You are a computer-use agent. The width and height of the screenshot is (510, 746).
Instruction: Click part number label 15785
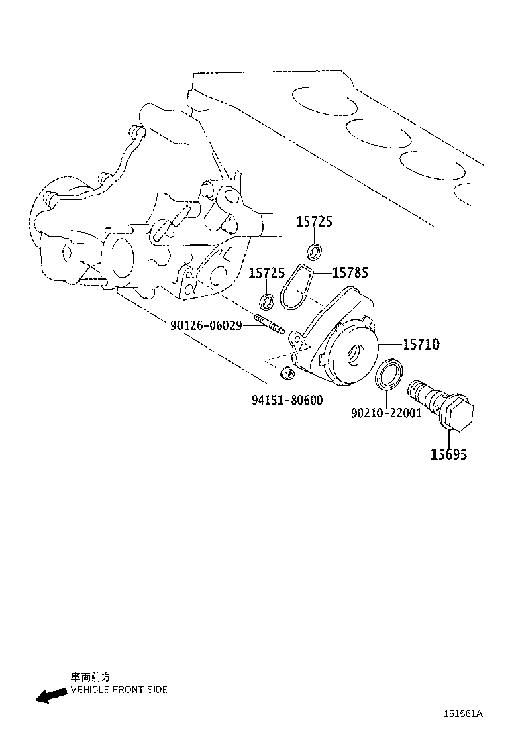click(350, 272)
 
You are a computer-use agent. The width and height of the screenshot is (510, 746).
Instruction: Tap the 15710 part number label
click(421, 344)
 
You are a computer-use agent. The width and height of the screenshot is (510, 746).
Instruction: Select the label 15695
click(449, 454)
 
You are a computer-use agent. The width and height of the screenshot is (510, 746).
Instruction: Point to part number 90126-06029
click(206, 326)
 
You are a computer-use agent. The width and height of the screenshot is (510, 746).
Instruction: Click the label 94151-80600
click(287, 400)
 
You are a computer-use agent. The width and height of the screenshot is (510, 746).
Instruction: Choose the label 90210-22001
click(387, 413)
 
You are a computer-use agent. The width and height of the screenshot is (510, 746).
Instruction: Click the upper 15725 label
click(315, 221)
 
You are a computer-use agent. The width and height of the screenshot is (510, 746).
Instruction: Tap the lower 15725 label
click(267, 273)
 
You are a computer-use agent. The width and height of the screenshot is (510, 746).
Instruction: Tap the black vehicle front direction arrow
click(52, 695)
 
